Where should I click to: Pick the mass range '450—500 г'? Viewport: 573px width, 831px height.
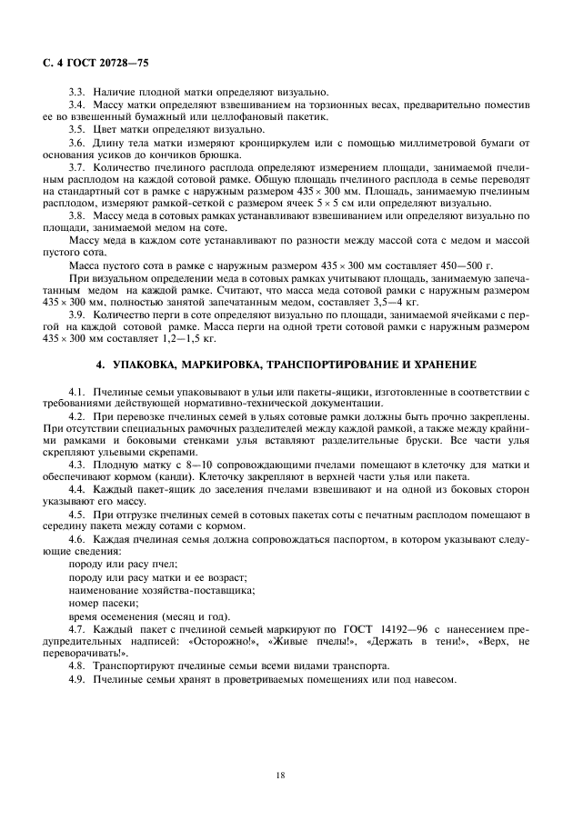coord(462,265)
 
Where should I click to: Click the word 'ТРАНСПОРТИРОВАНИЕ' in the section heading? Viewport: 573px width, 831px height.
coord(329,365)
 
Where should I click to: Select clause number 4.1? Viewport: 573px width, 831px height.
coord(77,391)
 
